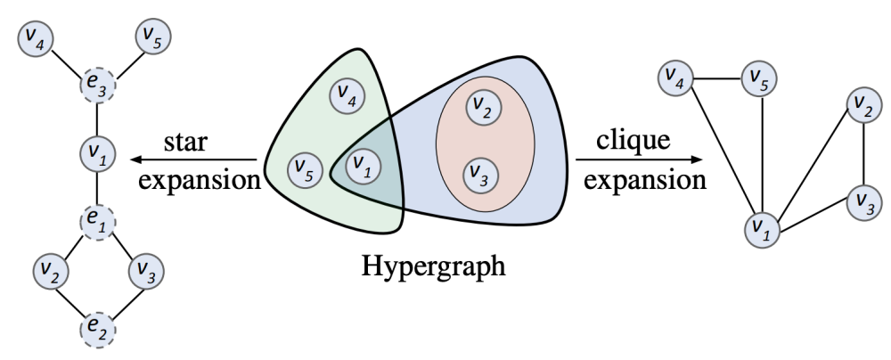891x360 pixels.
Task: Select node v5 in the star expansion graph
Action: (152, 38)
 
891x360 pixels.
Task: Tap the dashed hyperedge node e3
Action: (96, 88)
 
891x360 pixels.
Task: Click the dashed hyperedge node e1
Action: (96, 217)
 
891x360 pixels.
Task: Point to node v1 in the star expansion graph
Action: (96, 153)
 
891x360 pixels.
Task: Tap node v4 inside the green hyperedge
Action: (347, 95)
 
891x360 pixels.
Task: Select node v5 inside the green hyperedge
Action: (306, 168)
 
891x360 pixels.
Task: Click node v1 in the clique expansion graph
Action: (760, 226)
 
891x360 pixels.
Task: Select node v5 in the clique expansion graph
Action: (760, 78)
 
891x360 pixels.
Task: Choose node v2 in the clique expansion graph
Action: (861, 106)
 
